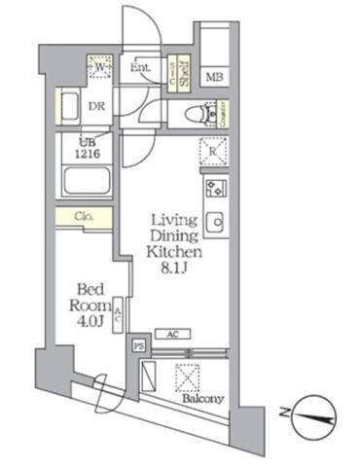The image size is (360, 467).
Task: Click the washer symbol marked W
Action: [x=98, y=69]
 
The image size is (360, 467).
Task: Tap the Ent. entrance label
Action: [x=139, y=68]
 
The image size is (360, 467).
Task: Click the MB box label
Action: [x=214, y=78]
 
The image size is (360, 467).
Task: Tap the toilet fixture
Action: [x=200, y=114]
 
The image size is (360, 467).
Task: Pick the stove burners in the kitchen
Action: [x=213, y=187]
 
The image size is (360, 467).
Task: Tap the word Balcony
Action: [x=202, y=398]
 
